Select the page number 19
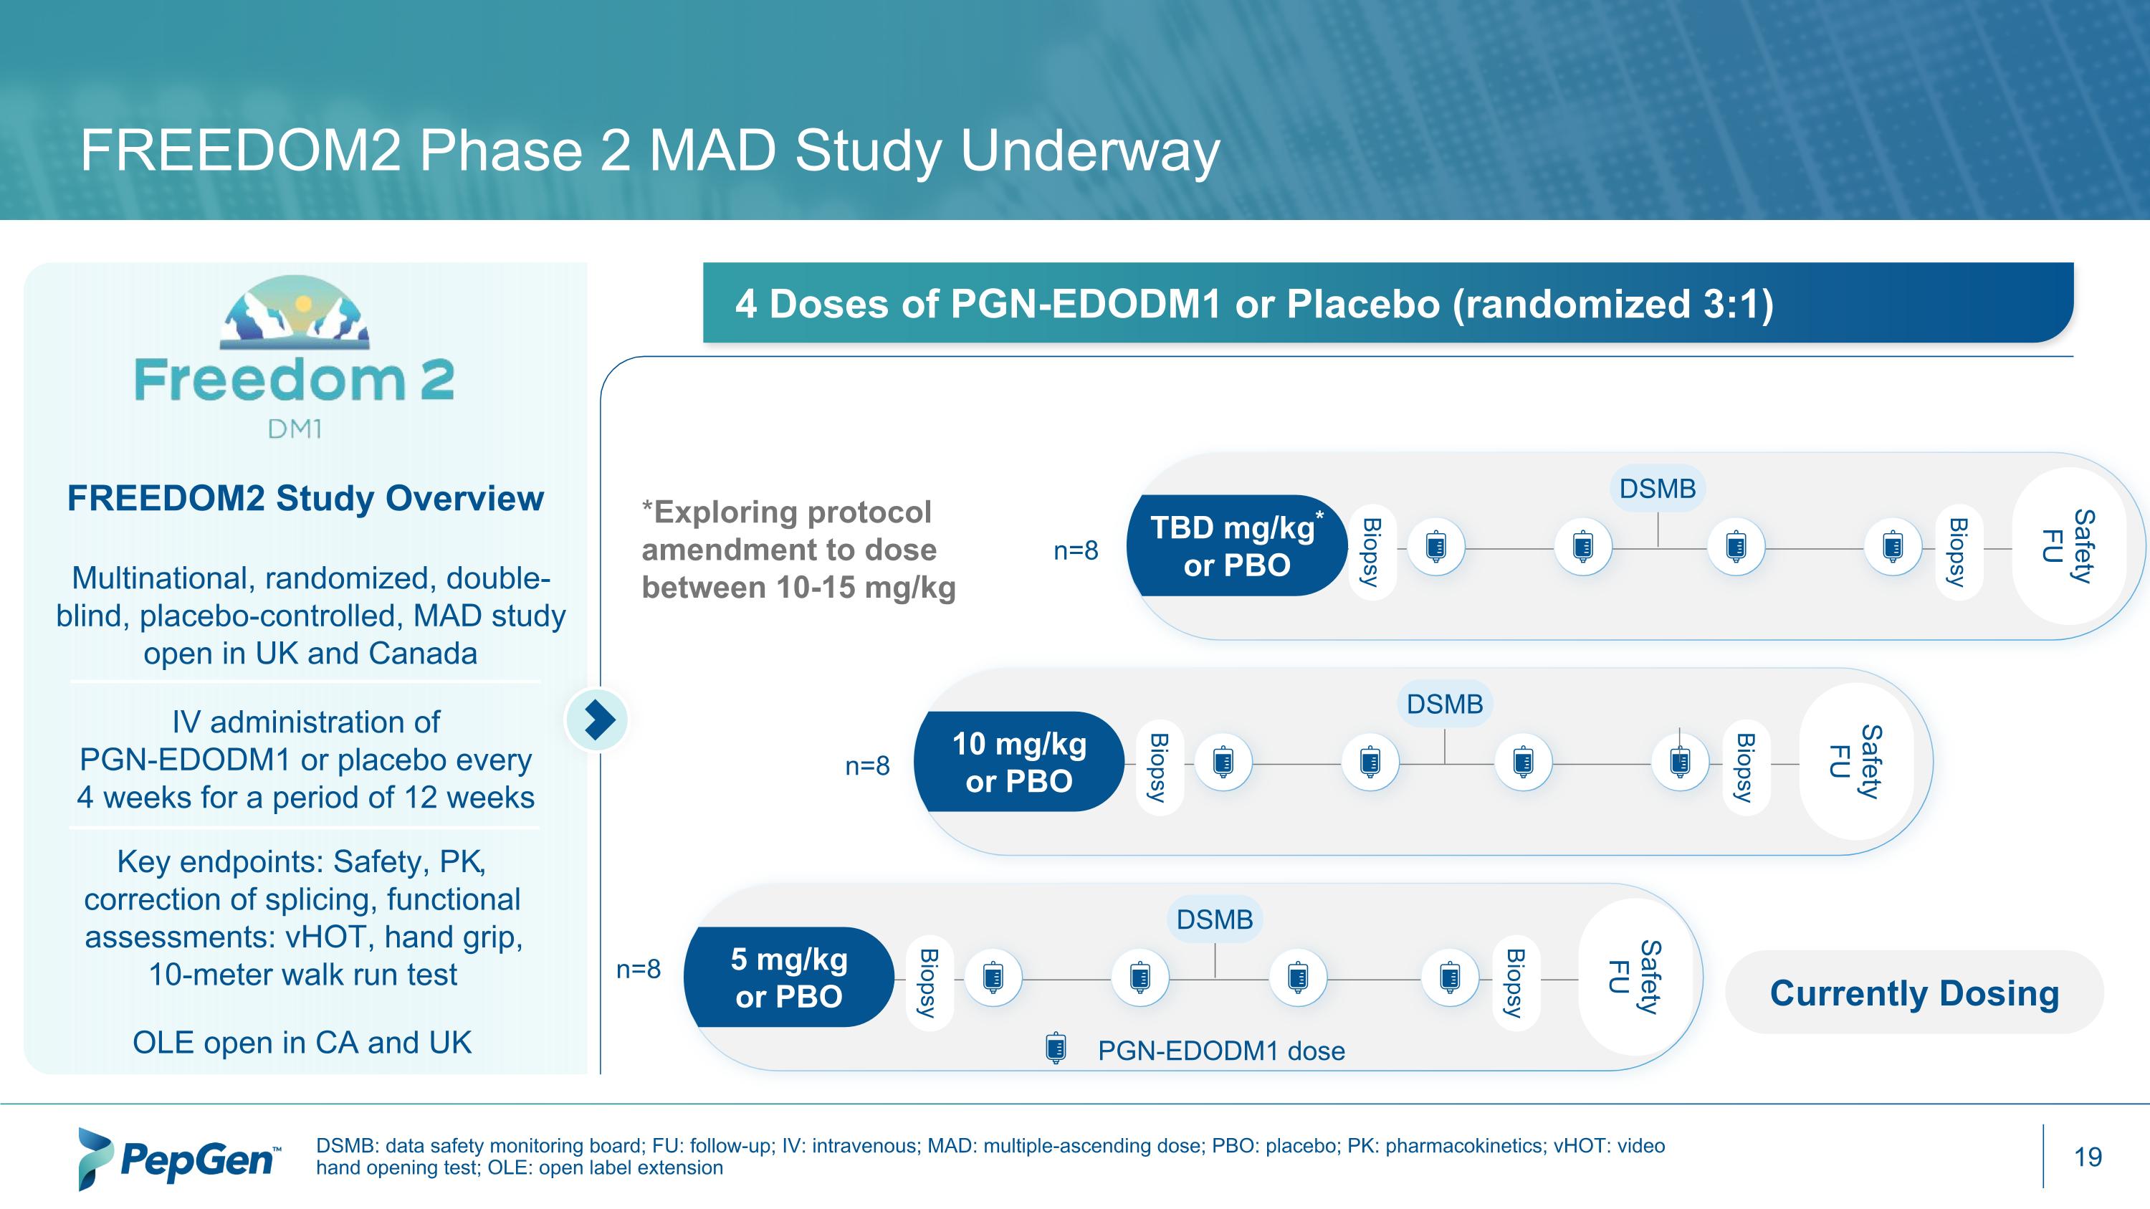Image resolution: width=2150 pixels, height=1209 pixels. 2088,1157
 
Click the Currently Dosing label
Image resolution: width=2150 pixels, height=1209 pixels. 1913,993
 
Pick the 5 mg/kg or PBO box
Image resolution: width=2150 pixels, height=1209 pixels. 789,977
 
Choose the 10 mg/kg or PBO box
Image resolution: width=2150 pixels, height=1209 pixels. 1019,762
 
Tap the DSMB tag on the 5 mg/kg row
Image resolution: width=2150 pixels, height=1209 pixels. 1214,919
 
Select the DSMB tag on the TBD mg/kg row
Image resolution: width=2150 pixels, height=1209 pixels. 1658,488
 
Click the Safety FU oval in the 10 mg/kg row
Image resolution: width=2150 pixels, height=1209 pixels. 1855,761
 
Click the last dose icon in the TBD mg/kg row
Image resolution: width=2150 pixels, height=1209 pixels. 1893,547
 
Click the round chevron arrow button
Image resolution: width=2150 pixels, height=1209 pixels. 598,720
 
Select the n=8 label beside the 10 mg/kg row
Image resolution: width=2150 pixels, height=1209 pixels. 867,766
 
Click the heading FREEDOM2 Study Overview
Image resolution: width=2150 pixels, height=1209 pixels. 305,498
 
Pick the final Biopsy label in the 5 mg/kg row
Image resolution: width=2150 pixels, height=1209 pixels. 1514,982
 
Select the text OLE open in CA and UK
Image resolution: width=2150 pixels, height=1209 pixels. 302,1042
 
